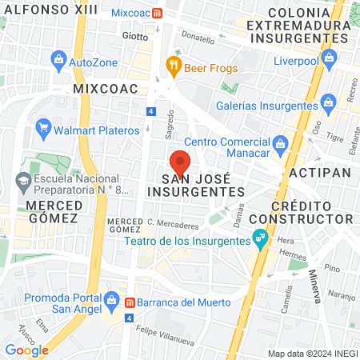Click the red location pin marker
(x=180, y=162)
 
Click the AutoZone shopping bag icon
(x=58, y=60)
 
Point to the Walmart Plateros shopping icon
(x=44, y=127)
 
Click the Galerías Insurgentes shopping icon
(x=327, y=102)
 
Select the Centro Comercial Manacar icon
(x=279, y=144)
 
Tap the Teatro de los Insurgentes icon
(x=260, y=238)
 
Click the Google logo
(x=27, y=350)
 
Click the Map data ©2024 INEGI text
(x=312, y=354)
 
